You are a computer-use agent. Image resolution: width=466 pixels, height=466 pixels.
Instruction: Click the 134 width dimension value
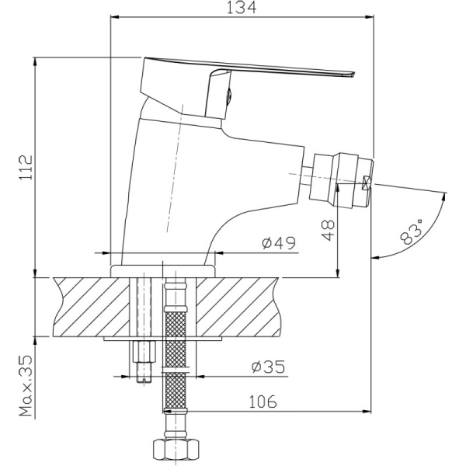(241, 8)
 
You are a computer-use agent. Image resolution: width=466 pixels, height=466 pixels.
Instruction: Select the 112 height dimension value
(26, 167)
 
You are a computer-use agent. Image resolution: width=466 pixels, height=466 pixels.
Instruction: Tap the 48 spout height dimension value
(328, 230)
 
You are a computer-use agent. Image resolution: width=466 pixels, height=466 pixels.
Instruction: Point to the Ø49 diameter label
(279, 243)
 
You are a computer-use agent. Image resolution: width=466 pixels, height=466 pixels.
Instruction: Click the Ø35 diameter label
(268, 367)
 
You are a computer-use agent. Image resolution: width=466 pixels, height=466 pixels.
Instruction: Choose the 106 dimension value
(263, 402)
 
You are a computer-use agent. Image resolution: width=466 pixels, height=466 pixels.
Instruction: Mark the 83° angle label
(411, 231)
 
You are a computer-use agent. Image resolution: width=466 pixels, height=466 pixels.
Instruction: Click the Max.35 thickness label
(26, 385)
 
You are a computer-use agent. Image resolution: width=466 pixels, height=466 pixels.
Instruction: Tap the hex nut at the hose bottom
(176, 450)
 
